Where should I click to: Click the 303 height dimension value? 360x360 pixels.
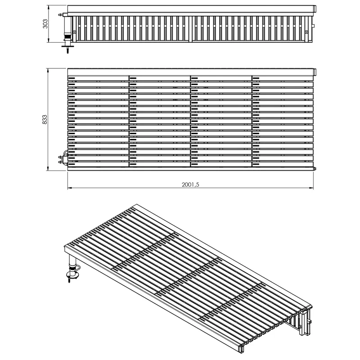click(45, 24)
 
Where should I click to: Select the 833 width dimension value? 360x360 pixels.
click(45, 120)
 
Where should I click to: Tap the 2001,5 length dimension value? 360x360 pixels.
click(190, 184)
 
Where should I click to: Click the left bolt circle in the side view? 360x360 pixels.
click(74, 32)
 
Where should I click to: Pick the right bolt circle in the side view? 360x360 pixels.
click(306, 32)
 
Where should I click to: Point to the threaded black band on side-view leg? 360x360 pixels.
click(67, 36)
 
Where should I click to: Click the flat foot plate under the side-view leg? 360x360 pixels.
click(67, 47)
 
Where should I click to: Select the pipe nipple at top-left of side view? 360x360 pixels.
click(61, 15)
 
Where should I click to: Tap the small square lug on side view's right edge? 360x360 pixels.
click(314, 26)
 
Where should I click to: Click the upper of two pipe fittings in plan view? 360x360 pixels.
click(61, 157)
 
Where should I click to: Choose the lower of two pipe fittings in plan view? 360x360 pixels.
click(61, 162)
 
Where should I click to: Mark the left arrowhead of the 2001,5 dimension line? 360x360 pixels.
click(69, 188)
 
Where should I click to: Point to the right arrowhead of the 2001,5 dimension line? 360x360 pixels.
click(311, 188)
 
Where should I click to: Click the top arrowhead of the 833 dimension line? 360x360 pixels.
click(48, 70)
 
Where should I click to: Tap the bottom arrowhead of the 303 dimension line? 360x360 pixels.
click(49, 40)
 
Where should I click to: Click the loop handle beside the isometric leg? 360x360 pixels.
click(77, 268)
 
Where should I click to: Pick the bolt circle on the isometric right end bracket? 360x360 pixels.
click(300, 327)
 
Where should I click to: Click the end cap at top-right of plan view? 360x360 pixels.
click(315, 72)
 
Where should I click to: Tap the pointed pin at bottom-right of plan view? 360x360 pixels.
click(315, 169)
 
